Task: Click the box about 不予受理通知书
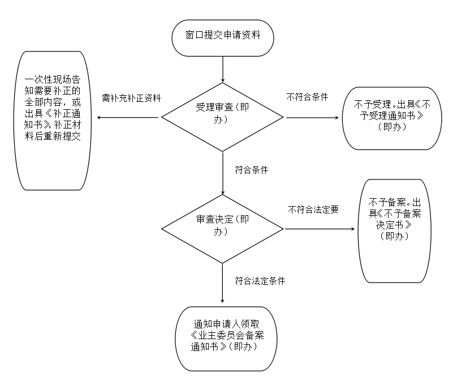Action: coord(391,117)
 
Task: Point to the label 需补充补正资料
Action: coord(131,97)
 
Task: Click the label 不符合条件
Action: coord(308,97)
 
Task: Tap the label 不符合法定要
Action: coord(313,209)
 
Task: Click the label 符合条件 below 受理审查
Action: coord(251,170)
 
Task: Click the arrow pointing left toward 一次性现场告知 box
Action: coord(128,118)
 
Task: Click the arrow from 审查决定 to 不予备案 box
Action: coord(320,229)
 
